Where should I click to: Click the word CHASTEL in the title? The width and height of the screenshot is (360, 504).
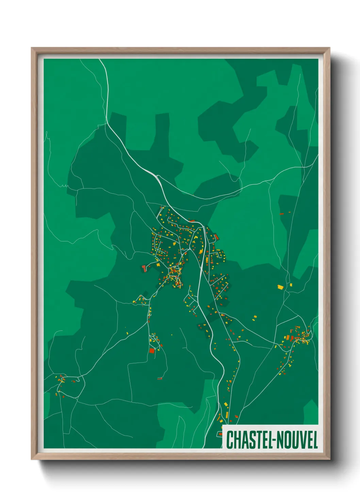tap(248, 440)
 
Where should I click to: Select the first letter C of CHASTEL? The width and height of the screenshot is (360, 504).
tap(229, 440)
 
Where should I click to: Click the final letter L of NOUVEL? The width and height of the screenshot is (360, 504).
tap(315, 440)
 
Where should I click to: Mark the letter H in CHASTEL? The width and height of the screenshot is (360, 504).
tap(236, 440)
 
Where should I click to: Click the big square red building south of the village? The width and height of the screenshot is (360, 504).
tap(152, 350)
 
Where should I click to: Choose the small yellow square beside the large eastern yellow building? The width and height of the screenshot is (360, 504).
tap(291, 285)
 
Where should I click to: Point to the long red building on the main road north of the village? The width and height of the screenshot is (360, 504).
tap(192, 221)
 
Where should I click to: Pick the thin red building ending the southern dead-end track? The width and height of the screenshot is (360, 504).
tap(160, 378)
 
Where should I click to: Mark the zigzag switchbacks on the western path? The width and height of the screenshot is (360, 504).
tap(64, 186)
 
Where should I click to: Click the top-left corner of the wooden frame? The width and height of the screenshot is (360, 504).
tap(32, 48)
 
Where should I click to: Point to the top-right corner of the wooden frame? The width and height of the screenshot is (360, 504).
tap(329, 48)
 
